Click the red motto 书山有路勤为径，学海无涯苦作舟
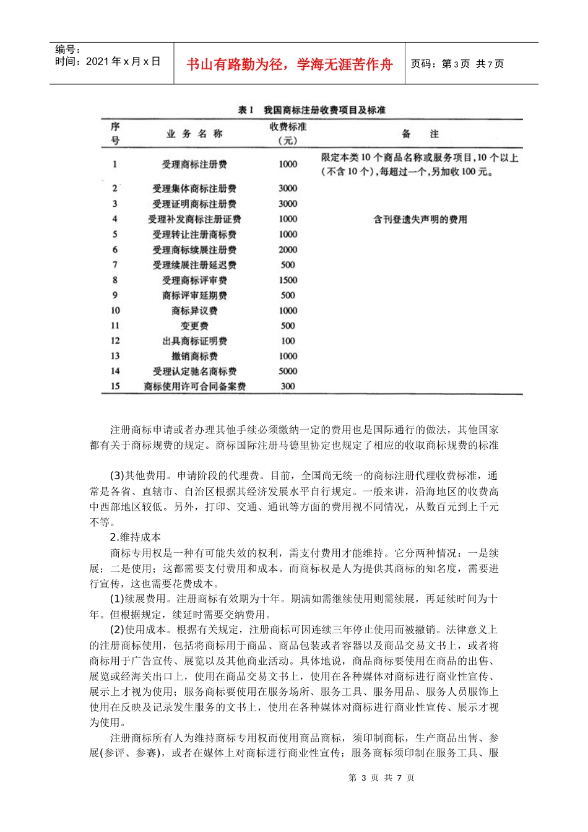point(289,64)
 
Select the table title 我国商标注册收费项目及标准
point(324,110)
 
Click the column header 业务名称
point(194,134)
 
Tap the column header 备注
point(420,134)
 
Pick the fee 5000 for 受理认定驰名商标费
point(288,371)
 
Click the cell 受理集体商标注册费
point(194,189)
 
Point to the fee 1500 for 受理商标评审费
point(288,280)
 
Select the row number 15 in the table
point(115,386)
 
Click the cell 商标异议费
point(194,311)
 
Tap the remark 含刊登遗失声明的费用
point(420,219)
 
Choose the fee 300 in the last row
point(288,386)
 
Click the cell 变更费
point(194,326)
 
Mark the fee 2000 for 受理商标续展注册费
point(288,250)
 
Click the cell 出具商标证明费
point(194,341)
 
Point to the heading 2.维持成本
point(136,537)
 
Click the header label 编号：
point(67,50)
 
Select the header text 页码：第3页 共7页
point(457,64)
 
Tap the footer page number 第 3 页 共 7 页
point(381,778)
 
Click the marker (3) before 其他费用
point(117,476)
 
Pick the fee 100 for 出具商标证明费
point(288,341)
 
